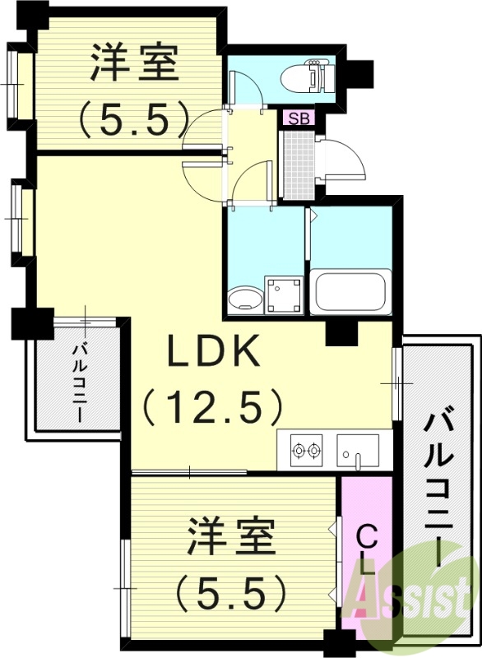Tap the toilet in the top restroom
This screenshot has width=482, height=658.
pos(306,77)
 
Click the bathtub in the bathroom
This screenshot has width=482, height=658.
pos(349,293)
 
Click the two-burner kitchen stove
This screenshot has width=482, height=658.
pos(305,450)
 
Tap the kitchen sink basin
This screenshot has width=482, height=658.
pos(357,450)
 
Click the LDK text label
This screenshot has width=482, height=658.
pos(215,353)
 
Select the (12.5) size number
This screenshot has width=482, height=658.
pos(214,405)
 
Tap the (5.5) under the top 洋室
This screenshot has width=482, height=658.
pos(134,119)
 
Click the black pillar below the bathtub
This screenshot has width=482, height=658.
pos(338,334)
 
